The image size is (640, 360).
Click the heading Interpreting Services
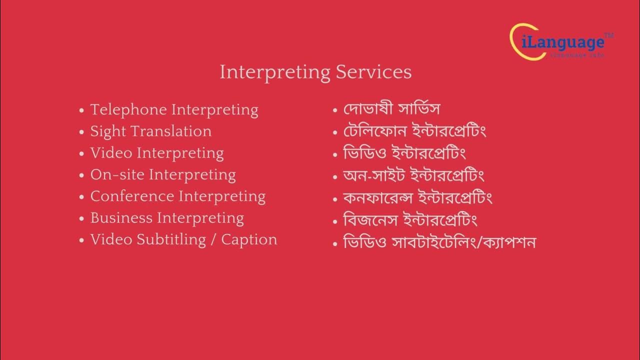pos(315,72)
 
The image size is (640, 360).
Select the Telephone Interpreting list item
pos(174,109)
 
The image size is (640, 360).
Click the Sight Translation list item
pos(150,131)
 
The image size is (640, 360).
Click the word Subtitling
pos(171,240)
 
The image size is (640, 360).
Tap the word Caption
pos(249,240)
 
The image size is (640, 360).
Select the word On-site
pos(117,175)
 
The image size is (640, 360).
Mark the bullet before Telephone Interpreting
pos(82,110)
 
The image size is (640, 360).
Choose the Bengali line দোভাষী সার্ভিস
pos(391,109)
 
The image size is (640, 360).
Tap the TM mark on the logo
pos(609,35)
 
